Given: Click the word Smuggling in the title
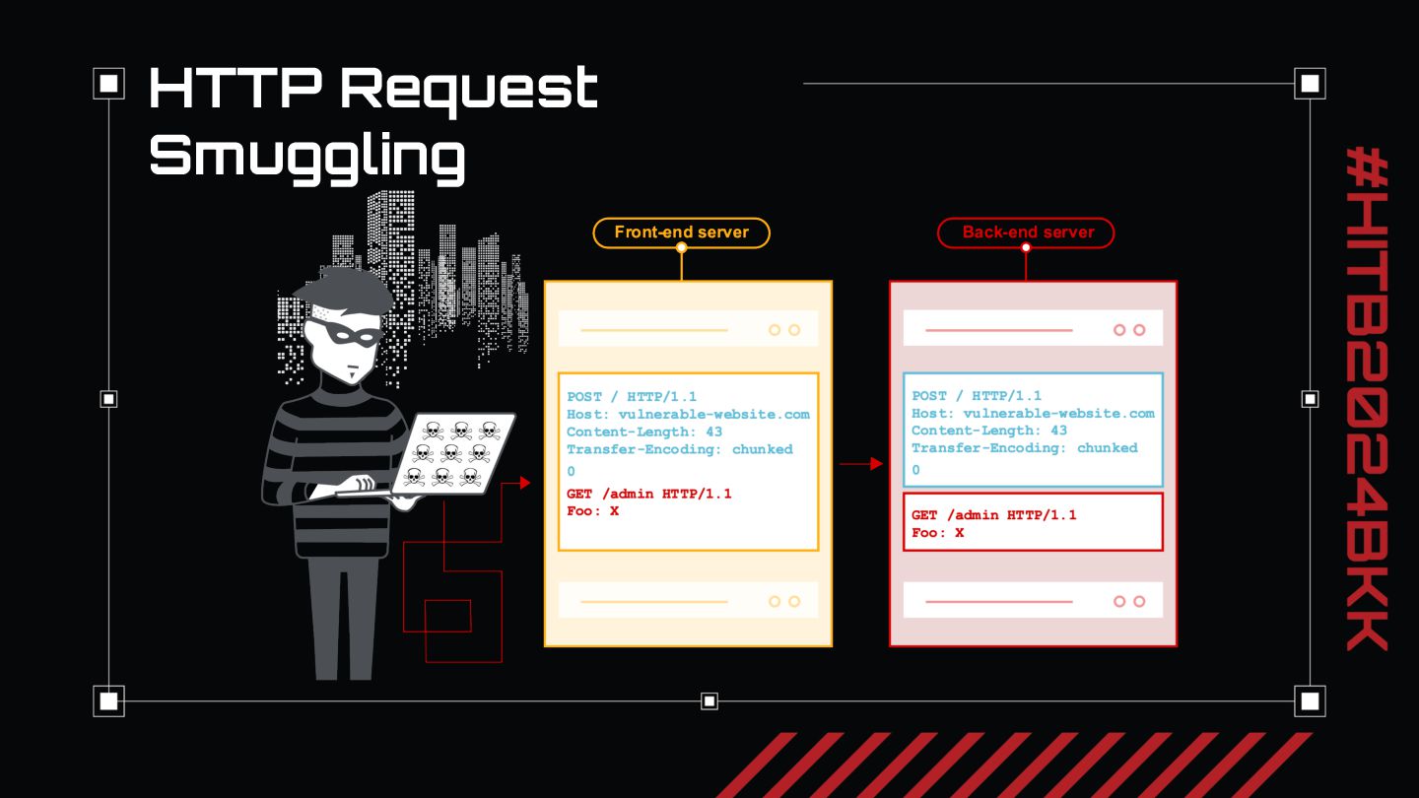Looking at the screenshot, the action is click(x=306, y=156).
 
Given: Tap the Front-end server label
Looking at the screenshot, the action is click(x=681, y=233).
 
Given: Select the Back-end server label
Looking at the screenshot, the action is click(x=1026, y=233).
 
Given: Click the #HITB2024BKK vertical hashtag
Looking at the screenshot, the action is click(x=1367, y=398).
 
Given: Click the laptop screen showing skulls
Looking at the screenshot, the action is click(x=453, y=454).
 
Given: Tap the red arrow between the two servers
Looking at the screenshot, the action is click(x=862, y=463).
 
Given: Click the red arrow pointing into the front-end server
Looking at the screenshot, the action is click(x=522, y=483).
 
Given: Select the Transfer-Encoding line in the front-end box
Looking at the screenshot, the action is click(x=679, y=449).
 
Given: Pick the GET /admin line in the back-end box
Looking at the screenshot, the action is click(x=993, y=515).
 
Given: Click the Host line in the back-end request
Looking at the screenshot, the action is click(x=1032, y=414).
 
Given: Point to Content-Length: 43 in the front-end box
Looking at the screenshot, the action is click(x=643, y=432).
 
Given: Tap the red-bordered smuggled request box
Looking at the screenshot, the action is click(x=1033, y=522).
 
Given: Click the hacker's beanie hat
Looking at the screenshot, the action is click(x=340, y=292).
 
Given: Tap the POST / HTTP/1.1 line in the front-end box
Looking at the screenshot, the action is click(x=632, y=396).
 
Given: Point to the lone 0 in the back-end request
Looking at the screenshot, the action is click(x=915, y=470).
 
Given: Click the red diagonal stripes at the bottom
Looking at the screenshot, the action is click(x=1015, y=765).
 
